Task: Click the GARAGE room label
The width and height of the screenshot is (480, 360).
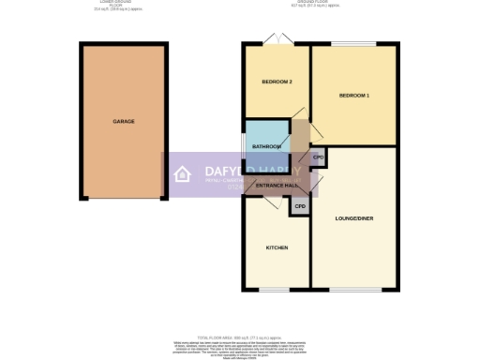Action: point(124,122)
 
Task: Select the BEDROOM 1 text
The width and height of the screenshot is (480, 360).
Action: point(353,97)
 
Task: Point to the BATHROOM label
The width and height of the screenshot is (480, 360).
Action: point(267,146)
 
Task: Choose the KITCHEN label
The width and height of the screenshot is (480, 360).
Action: point(277,247)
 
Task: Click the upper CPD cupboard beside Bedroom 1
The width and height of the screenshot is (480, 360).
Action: point(318,157)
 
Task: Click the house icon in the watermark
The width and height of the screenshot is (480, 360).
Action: point(184,174)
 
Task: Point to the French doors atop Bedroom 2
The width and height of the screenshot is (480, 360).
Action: point(273,40)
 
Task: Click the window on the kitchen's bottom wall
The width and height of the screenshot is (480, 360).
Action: point(274,288)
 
